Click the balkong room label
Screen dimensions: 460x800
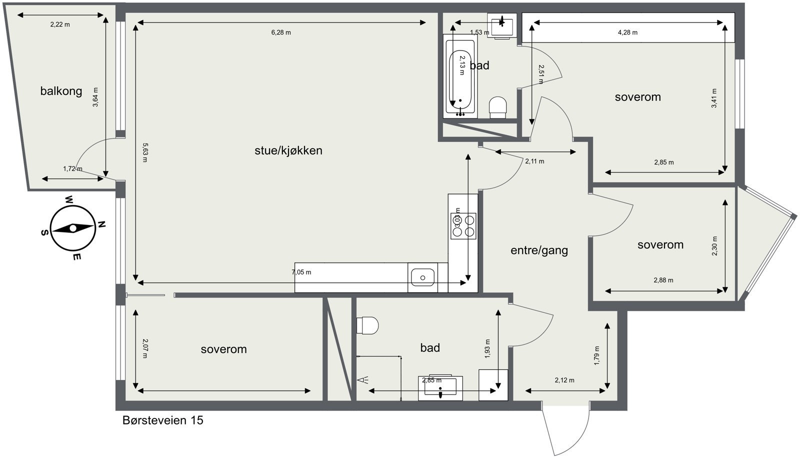coord(61,91)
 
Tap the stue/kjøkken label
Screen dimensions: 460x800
coord(288,150)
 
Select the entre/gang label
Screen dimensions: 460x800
coord(539,250)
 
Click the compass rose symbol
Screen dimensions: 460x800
coord(73,228)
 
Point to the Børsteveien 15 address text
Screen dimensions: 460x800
coord(162,420)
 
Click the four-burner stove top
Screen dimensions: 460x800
coord(463,226)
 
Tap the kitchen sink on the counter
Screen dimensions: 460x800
coord(422,277)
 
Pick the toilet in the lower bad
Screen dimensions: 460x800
coord(368,326)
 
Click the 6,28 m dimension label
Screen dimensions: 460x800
coord(281,32)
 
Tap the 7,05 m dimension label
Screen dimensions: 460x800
coord(301,272)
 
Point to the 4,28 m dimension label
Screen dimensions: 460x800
coord(627,32)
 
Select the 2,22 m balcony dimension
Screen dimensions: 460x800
coord(60,24)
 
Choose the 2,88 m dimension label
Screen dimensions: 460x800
coord(663,280)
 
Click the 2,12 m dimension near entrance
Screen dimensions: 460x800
coord(564,380)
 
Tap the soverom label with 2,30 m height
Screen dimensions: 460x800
coord(660,245)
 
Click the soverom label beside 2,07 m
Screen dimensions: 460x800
coord(223,349)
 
